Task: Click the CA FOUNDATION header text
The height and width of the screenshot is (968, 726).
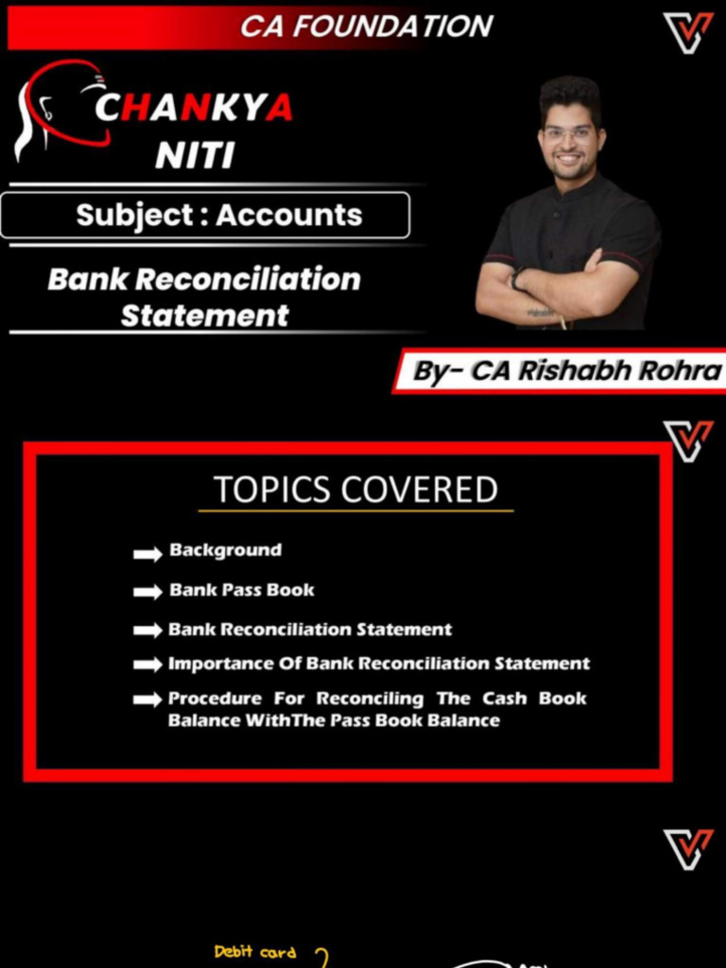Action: pos(367,26)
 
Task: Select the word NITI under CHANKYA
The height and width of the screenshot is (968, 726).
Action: pos(195,154)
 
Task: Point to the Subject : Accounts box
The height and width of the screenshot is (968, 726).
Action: pos(205,216)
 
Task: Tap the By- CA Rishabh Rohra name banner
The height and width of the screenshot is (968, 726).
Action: pos(565,371)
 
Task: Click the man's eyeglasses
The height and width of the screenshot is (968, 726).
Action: pos(569,134)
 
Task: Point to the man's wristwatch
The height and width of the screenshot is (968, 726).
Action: pos(518,279)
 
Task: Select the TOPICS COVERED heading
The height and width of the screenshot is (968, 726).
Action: pos(355,490)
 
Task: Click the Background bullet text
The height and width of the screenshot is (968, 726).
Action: pos(225,550)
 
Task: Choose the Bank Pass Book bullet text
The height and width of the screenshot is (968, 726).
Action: pos(241,590)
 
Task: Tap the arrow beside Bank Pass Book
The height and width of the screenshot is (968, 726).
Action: pos(147,592)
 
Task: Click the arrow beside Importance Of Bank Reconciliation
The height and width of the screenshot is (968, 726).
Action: pos(147,665)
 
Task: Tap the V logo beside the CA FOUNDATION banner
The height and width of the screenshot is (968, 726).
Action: pos(687,33)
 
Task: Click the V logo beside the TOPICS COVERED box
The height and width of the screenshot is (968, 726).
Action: pos(687,441)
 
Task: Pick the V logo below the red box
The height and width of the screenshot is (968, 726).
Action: pos(687,848)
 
